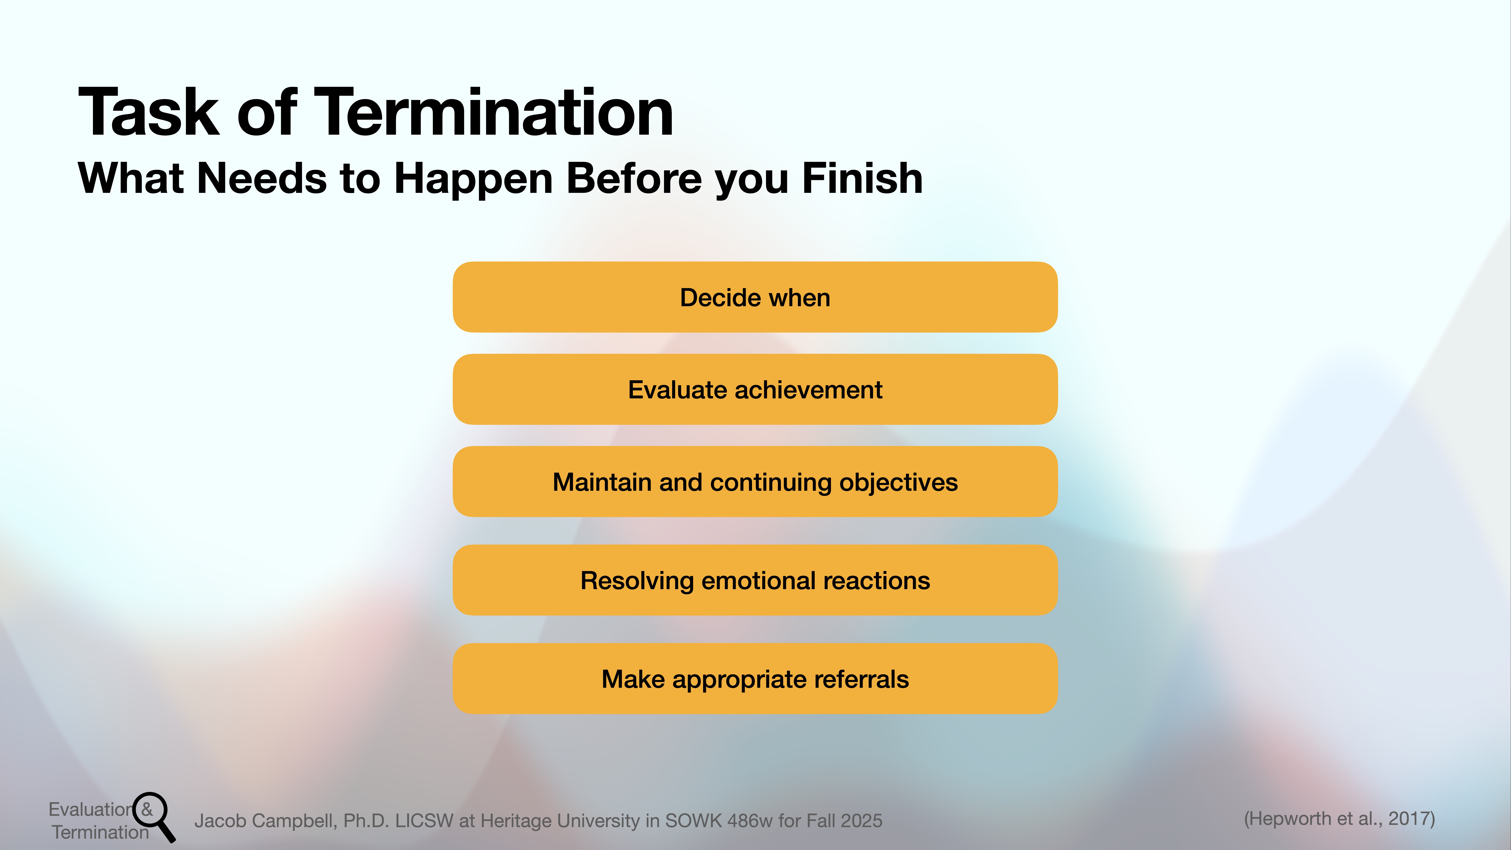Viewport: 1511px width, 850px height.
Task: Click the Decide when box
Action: click(755, 297)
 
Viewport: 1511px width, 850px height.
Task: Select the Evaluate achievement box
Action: click(755, 389)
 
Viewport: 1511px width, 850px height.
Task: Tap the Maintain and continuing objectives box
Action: click(755, 482)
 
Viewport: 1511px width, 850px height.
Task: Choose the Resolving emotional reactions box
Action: click(755, 580)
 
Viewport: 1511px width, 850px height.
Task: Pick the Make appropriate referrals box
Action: click(755, 679)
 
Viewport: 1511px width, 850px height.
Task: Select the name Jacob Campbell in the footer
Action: click(265, 821)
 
